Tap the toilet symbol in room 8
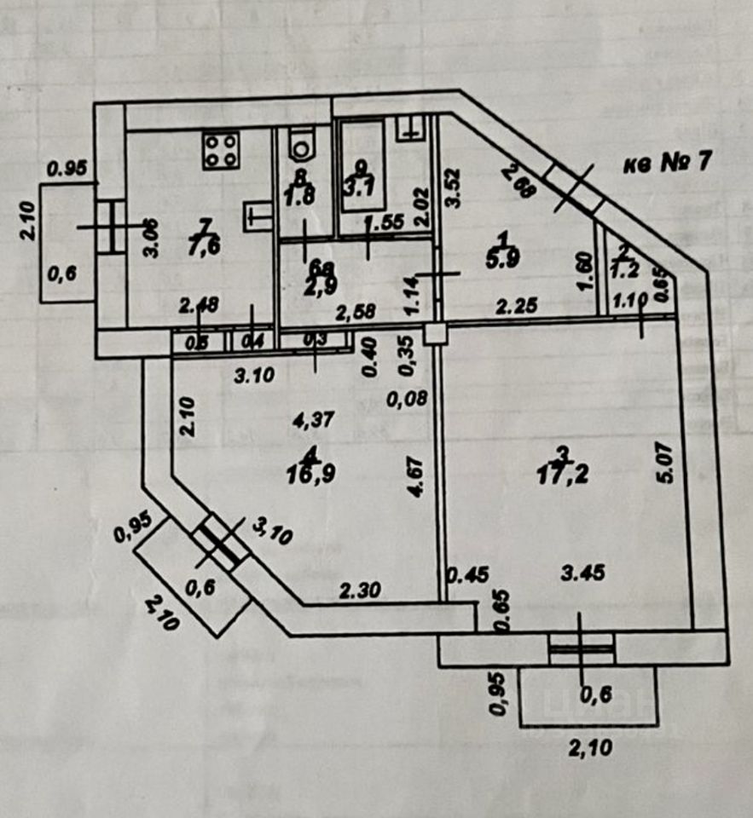pyautogui.click(x=300, y=144)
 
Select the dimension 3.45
pyautogui.click(x=582, y=573)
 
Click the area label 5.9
pyautogui.click(x=497, y=261)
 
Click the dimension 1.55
pyautogui.click(x=384, y=224)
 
